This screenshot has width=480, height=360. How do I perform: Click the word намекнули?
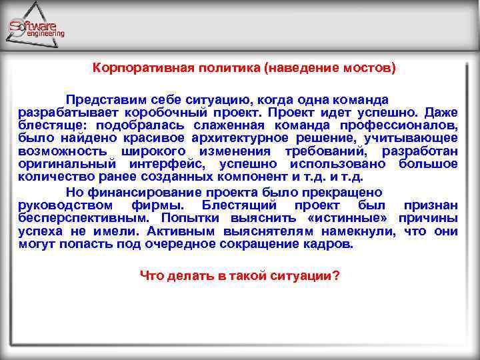[x=359, y=231]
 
